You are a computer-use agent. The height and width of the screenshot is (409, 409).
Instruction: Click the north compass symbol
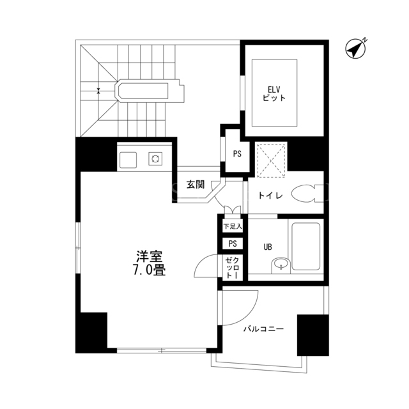pos(356,49)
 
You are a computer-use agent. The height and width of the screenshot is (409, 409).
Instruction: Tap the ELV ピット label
pos(274,94)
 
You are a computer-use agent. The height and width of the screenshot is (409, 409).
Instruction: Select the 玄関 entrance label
pos(196,185)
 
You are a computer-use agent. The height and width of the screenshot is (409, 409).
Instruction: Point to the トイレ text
pos(270,195)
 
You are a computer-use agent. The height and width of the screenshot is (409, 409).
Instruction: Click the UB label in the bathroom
pos(268,247)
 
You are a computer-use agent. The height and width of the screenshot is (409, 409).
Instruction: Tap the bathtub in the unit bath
pos(305,246)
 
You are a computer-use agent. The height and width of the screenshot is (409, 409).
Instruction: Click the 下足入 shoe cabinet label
pos(233,226)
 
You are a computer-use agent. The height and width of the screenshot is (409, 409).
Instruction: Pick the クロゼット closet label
pos(233,267)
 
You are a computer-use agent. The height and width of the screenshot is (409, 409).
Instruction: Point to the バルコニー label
pos(263,329)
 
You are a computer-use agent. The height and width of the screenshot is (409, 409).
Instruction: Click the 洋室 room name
pos(150,257)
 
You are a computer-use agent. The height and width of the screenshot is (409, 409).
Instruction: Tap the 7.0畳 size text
pos(150,270)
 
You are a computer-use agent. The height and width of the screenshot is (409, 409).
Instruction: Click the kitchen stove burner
pos(155,158)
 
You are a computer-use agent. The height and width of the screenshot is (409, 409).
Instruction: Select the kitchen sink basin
pos(128,160)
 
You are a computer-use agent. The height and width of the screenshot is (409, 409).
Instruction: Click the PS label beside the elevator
pos(237,154)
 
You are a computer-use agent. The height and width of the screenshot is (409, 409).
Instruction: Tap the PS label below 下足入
pos(233,243)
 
